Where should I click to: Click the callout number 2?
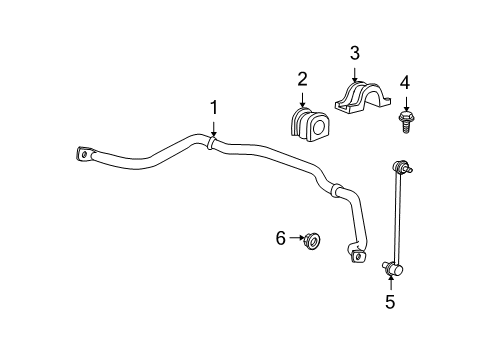tap(301, 79)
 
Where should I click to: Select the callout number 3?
tap(353, 53)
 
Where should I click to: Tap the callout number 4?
tap(405, 82)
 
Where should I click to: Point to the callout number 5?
tap(390, 300)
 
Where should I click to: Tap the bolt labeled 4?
tap(405, 122)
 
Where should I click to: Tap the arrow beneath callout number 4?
tap(405, 104)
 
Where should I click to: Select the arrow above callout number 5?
tap(390, 280)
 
